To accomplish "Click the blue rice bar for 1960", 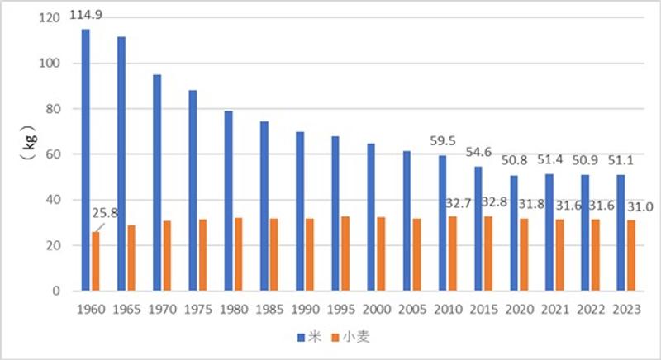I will [85, 160].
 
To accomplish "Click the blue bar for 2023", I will [620, 233].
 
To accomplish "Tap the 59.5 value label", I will [442, 142].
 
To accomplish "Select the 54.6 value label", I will [478, 153].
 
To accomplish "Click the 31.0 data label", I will [631, 202].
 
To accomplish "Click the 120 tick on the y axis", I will [50, 17].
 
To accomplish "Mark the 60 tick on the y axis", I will [55, 154].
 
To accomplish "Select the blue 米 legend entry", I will [307, 337].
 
